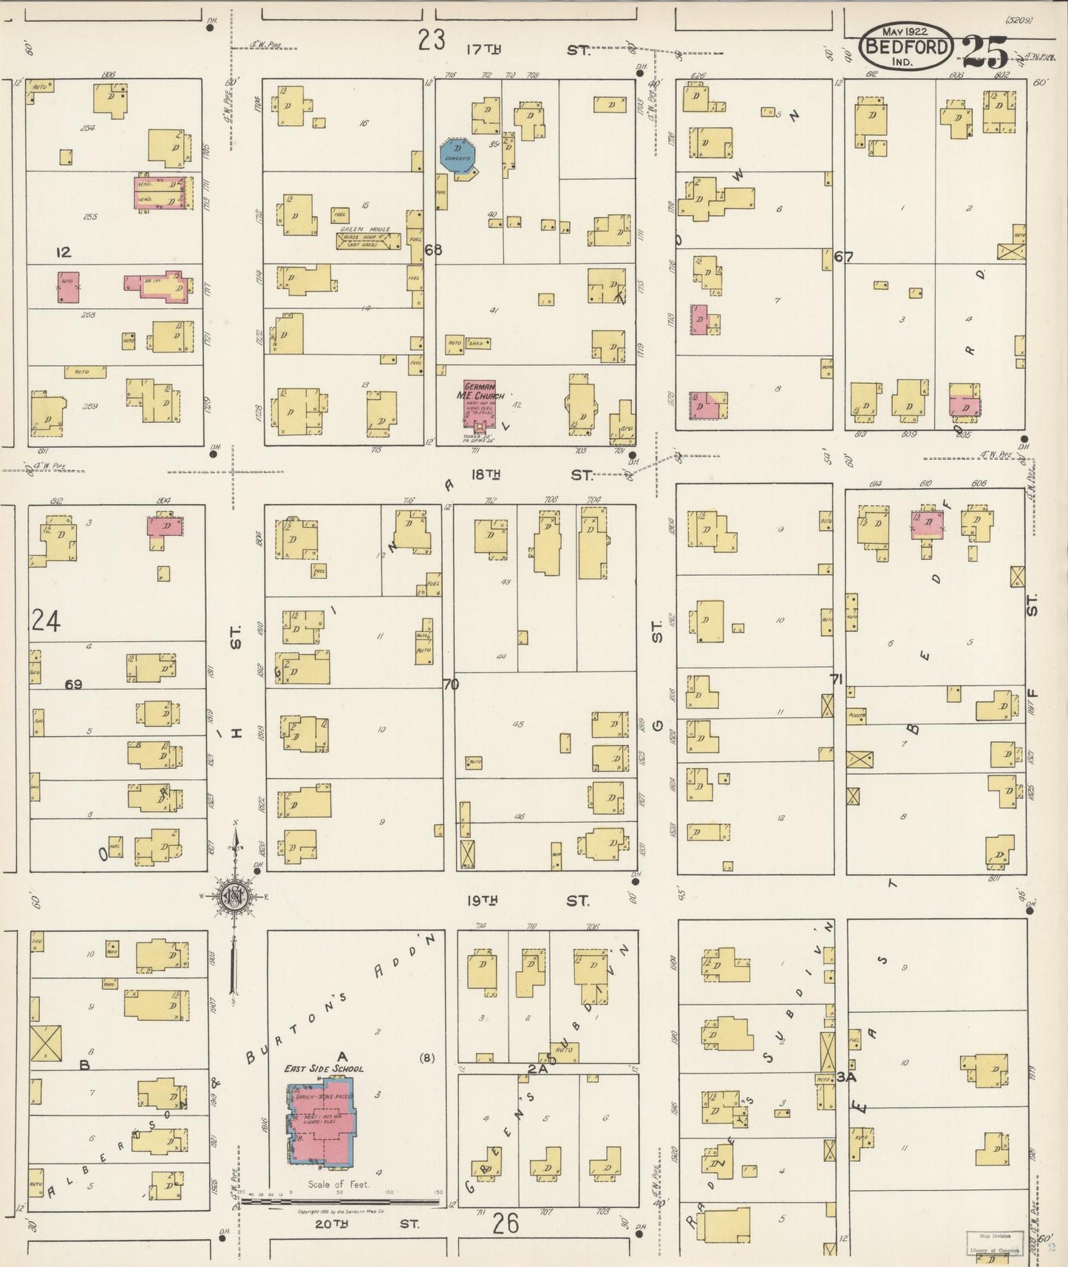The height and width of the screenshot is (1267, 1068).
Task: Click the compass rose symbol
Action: (x=236, y=897)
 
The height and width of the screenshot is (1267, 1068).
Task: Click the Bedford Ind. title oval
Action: (x=905, y=46)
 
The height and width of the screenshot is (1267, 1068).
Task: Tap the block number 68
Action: (x=433, y=250)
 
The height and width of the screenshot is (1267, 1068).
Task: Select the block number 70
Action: (x=451, y=685)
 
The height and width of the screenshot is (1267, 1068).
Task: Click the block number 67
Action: (x=843, y=257)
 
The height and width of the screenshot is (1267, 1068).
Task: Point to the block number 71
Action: (x=836, y=679)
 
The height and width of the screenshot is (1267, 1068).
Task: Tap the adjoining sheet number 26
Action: (x=506, y=1224)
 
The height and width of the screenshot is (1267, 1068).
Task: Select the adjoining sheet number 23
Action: (x=431, y=39)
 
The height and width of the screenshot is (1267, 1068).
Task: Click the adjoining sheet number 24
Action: (x=46, y=621)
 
